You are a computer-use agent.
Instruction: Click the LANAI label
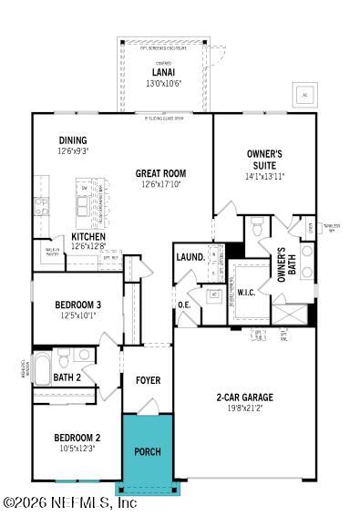(x=164, y=73)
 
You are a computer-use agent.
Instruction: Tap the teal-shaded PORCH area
(x=147, y=451)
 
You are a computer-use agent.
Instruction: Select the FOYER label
(x=148, y=380)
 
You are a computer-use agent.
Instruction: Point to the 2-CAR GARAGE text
(x=244, y=397)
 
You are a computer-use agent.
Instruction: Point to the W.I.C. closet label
(x=246, y=293)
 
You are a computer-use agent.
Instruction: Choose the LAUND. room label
(x=190, y=257)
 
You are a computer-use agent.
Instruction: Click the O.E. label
(x=183, y=305)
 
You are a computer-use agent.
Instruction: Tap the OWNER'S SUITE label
(x=265, y=159)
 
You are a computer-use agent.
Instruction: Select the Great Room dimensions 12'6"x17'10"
(x=161, y=184)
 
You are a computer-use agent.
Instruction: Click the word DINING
(x=73, y=140)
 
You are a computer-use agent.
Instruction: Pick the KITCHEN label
(x=88, y=235)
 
